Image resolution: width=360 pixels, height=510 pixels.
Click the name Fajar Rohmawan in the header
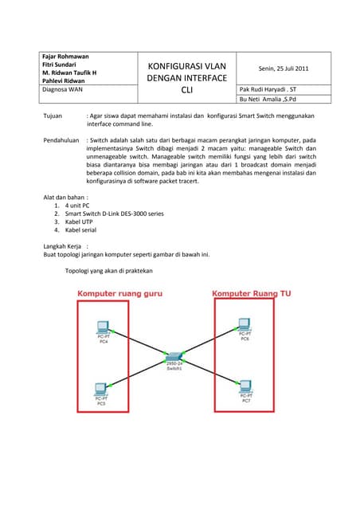65,57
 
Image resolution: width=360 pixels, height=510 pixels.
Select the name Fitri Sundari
59,65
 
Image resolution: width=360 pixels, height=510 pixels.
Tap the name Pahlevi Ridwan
64,80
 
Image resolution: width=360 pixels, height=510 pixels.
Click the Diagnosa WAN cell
62,90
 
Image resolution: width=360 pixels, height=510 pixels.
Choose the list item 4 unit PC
77,206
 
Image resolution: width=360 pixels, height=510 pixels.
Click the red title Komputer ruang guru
119,294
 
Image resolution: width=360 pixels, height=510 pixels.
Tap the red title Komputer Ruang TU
252,294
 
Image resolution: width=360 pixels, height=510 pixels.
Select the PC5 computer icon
100,390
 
